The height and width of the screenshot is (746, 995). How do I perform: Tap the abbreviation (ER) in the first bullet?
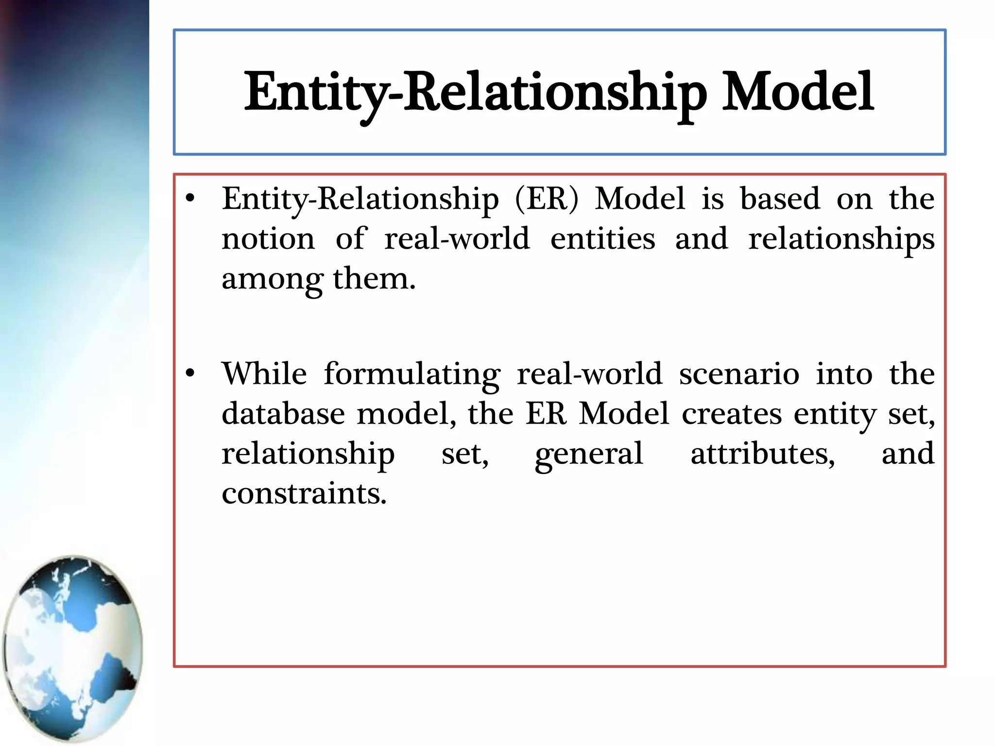(547, 199)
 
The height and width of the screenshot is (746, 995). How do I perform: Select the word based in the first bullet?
(780, 199)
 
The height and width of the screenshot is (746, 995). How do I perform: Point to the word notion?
(268, 239)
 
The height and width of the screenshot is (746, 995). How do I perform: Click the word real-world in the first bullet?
(457, 239)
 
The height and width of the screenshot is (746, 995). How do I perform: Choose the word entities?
(602, 239)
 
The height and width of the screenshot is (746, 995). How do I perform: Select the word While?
(264, 374)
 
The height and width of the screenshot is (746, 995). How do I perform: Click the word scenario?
(739, 374)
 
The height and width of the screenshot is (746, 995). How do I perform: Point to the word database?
(283, 414)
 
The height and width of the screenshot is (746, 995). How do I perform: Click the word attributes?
(763, 454)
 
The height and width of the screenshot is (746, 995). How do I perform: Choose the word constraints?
(304, 494)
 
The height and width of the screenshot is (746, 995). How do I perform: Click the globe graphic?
(73, 649)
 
